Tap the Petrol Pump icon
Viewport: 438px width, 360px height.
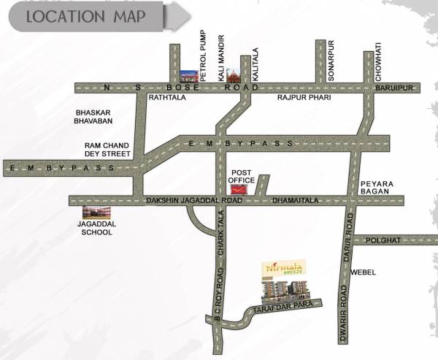pos(188,74)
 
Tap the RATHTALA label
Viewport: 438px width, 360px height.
pos(166,97)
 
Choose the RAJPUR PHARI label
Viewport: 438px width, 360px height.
pos(299,97)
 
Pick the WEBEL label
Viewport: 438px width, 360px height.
pos(363,272)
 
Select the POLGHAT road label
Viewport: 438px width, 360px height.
pos(383,240)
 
